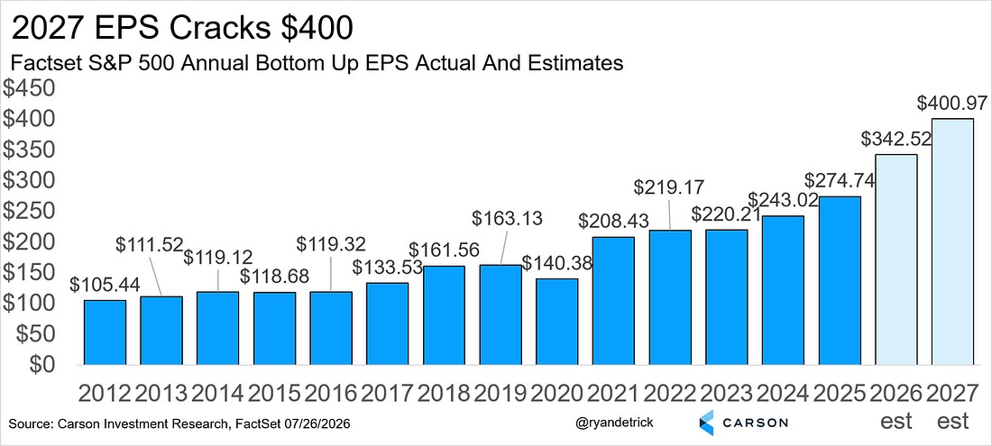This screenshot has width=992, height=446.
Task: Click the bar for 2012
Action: pos(105,332)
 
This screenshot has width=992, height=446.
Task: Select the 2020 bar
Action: pos(557,322)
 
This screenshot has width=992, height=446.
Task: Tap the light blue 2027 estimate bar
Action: pos(953,242)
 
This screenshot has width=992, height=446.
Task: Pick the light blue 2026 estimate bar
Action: pos(896,259)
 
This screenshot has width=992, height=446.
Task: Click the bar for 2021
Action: pos(613,301)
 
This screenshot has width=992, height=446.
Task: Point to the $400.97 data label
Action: pos(953,105)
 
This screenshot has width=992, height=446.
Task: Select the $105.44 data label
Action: pos(105,285)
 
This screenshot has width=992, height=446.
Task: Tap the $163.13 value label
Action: pos(508,219)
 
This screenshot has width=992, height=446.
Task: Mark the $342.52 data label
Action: pos(896,139)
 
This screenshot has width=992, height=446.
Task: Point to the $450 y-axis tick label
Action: pos(30,88)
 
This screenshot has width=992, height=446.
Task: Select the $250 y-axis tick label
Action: pos(30,211)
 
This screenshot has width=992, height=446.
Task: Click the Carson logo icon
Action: pos(708,422)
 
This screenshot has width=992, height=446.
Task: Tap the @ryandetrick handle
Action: pos(613,423)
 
